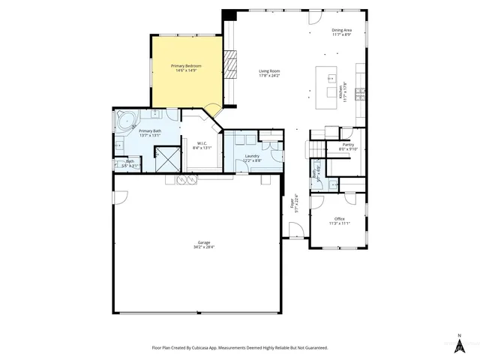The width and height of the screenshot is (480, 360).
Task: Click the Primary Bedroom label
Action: [186, 67]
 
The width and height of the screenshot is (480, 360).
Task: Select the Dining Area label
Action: [342, 31]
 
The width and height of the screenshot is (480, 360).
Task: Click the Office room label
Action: [340, 219]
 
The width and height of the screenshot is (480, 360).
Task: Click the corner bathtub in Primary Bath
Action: [124, 118]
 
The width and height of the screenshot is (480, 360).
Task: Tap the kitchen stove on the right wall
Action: [361, 93]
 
